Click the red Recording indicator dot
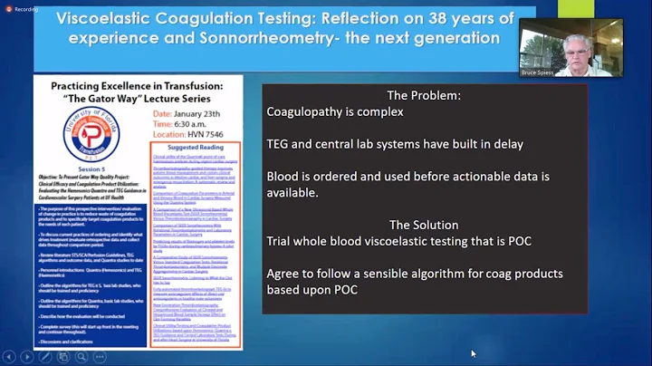7,8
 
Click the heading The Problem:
423,95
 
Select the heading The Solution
423,225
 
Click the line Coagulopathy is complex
335,112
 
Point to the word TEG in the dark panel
279,145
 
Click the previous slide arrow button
9,357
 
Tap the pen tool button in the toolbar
45,357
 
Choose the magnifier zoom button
81,357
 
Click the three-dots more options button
99,357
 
